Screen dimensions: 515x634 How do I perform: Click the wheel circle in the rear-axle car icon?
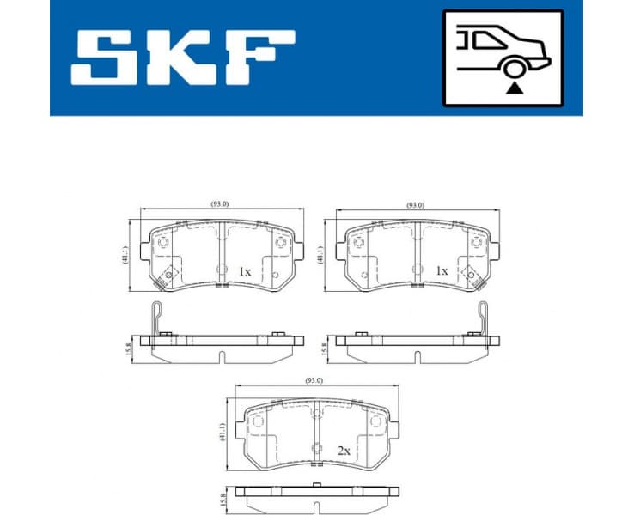(514, 68)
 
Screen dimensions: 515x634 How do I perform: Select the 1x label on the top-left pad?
(244, 271)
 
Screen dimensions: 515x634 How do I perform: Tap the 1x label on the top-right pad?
(442, 271)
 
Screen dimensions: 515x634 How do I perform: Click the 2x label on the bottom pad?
(343, 449)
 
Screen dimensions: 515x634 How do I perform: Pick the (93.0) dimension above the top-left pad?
(221, 203)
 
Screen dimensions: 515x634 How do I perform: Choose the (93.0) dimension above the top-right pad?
(416, 204)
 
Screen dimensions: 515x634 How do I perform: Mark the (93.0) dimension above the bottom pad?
(314, 380)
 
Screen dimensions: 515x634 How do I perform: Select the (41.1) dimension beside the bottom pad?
(222, 432)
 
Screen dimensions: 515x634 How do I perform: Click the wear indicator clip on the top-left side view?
(155, 318)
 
